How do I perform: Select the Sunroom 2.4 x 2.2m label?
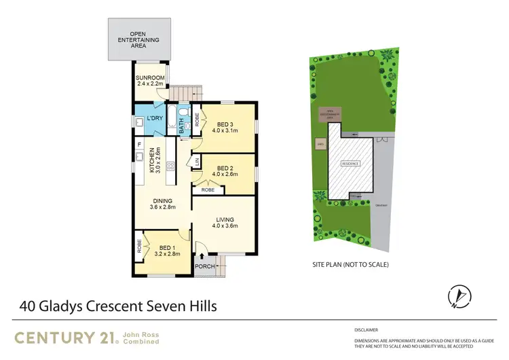point(149,82)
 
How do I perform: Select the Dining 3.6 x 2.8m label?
point(163,204)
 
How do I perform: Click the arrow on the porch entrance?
point(202,255)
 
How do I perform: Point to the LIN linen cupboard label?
point(197,161)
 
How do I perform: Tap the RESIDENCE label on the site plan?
point(350,164)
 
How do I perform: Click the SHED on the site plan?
point(319,144)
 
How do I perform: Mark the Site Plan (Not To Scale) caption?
point(350,264)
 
